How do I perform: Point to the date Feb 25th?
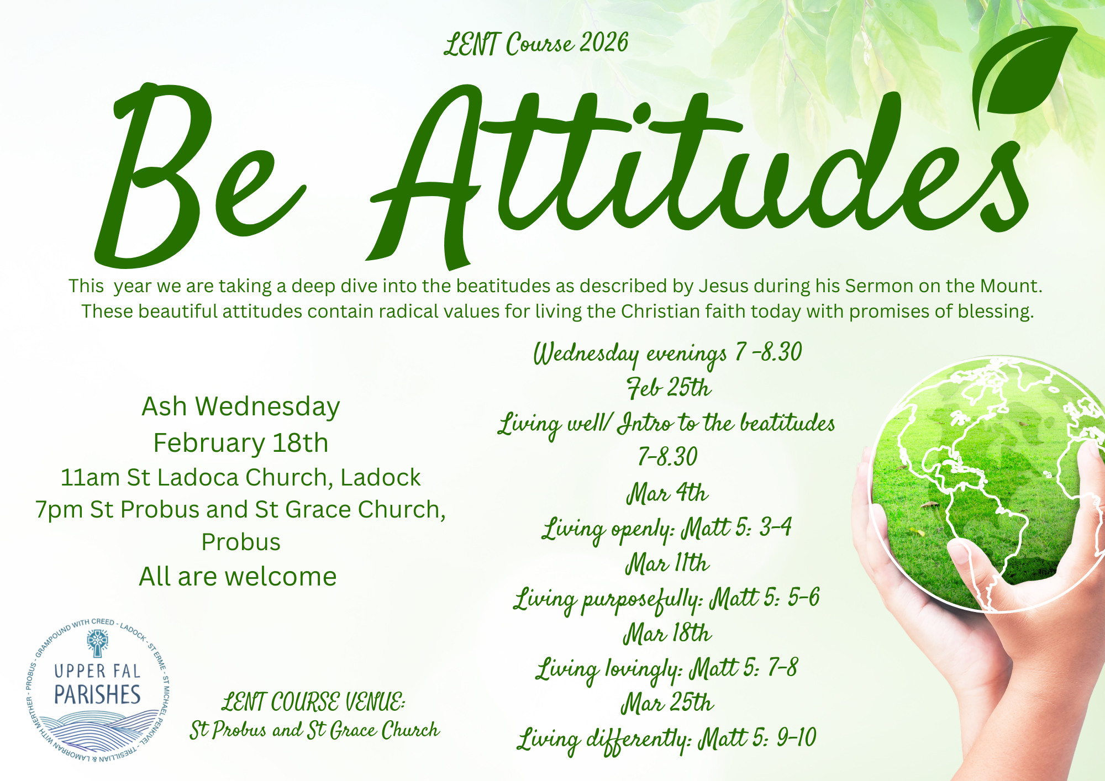[669, 388]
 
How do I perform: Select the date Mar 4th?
[667, 493]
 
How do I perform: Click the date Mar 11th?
[667, 563]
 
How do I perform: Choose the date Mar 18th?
[667, 633]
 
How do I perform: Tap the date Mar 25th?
[667, 703]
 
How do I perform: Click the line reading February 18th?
[241, 443]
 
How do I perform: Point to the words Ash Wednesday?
[241, 407]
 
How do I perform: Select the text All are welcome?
[238, 577]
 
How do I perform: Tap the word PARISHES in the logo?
[97, 694]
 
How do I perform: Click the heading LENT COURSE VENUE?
[313, 703]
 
